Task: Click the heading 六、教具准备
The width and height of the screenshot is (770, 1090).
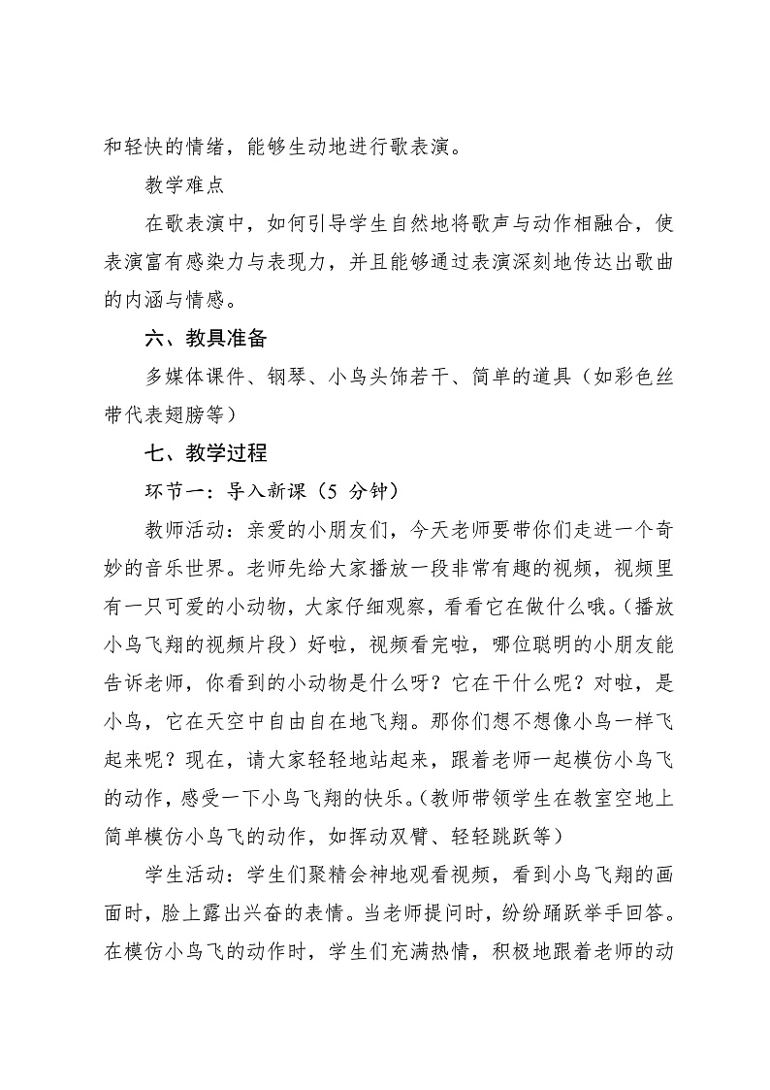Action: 204,340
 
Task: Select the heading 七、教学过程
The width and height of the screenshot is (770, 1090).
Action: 204,453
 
